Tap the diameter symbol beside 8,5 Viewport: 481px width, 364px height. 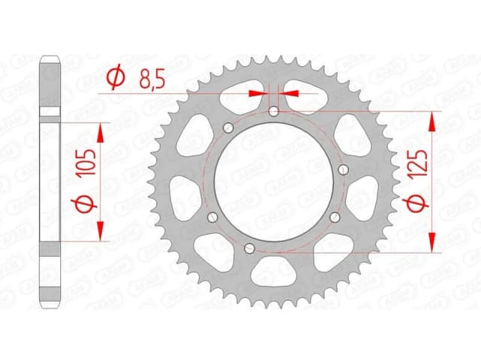[x=116, y=77]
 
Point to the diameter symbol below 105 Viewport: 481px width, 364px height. [x=88, y=203]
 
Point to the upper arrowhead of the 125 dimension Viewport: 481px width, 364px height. [x=432, y=120]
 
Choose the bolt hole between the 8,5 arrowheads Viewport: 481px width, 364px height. [x=274, y=112]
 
